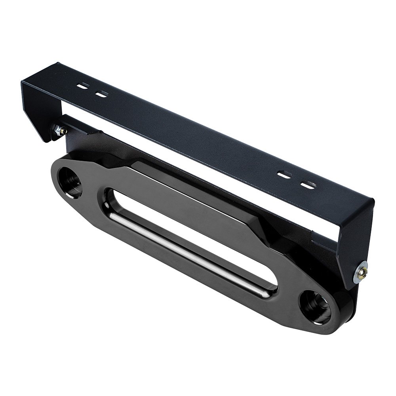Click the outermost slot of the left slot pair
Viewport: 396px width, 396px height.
click(83, 86)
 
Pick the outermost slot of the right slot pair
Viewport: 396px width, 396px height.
click(308, 185)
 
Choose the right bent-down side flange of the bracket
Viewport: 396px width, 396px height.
click(352, 242)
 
